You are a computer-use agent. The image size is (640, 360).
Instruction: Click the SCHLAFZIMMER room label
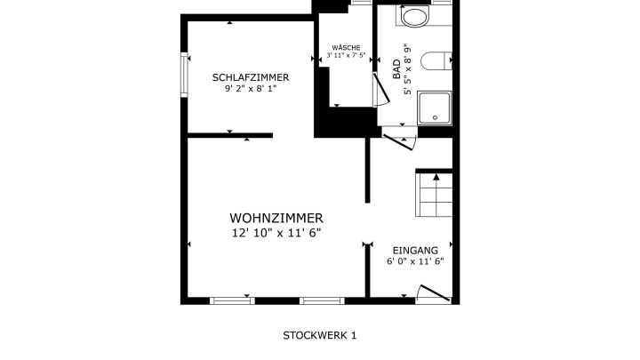coord(251,77)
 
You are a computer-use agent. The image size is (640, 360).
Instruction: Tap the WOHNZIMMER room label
coord(276,219)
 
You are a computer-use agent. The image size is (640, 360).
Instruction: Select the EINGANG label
coord(415,251)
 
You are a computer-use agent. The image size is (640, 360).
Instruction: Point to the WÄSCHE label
coord(346,48)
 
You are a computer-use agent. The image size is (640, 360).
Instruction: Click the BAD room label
coord(396,69)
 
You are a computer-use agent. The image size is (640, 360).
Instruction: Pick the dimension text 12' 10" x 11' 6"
coord(276,233)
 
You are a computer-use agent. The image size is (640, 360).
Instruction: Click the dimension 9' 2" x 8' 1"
coord(251,89)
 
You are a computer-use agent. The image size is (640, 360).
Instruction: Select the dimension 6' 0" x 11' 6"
coord(415,261)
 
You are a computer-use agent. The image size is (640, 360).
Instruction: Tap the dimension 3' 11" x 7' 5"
coord(346,55)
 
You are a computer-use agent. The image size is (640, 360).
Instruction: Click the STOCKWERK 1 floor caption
coord(320,335)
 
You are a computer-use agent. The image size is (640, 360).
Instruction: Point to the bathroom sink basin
coord(415,17)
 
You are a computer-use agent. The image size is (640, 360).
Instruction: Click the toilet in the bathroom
coord(436,60)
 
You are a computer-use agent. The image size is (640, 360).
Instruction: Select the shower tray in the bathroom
coord(435,108)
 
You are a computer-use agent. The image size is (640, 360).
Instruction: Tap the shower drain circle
coord(435,117)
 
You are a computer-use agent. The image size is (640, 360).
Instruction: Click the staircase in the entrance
coord(434,195)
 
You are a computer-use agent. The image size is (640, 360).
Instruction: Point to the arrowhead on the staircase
coord(436,177)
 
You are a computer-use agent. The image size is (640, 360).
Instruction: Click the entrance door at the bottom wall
coord(435,293)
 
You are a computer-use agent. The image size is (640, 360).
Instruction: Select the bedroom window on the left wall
coord(184,75)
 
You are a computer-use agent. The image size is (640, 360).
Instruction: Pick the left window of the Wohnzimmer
coord(232,300)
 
